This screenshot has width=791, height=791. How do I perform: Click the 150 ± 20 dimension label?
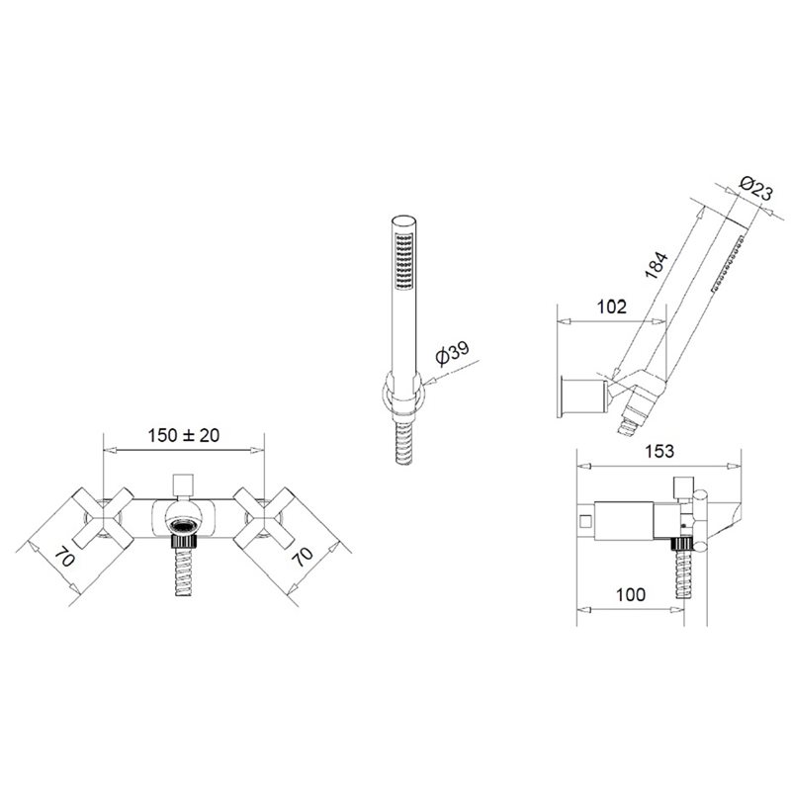coord(184,435)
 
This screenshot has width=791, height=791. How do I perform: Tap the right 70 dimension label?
coord(303,556)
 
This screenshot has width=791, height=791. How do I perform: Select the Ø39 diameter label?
coord(452,352)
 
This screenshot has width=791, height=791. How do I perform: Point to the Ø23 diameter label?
coord(755,189)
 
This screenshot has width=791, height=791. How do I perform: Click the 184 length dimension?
coord(657,264)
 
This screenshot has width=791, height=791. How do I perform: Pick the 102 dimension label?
coord(611,307)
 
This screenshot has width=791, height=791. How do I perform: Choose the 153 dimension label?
coord(659,451)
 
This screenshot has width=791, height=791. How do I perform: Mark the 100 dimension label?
coord(631,595)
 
